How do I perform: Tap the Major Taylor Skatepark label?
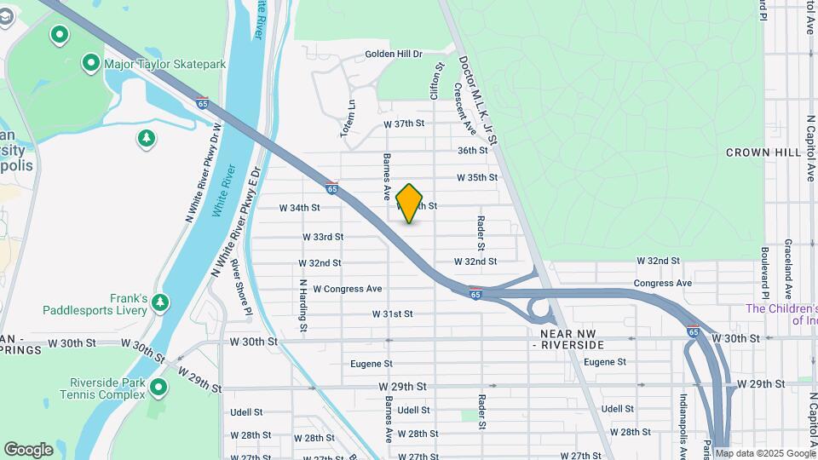(164, 63)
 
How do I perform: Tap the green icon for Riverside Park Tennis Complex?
(158, 388)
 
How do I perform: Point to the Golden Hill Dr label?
(394, 55)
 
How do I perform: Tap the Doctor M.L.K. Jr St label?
(477, 93)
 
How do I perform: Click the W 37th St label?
(404, 124)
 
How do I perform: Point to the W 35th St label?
(476, 178)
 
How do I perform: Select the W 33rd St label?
(322, 237)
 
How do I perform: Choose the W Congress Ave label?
(348, 289)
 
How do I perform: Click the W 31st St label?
(392, 314)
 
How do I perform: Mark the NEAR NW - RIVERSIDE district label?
(571, 339)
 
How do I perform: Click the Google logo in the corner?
(28, 449)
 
